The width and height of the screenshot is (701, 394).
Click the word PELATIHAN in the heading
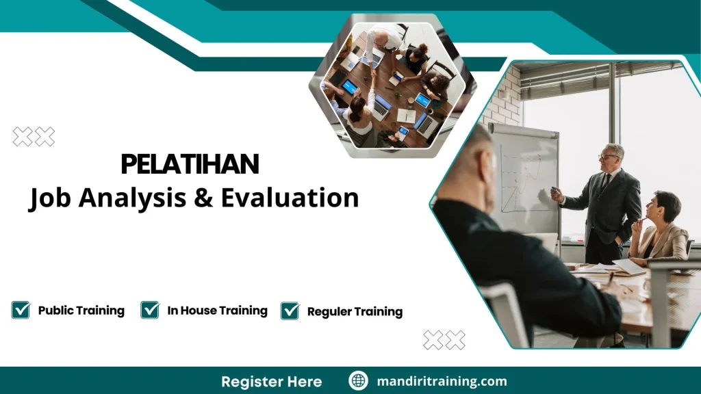[190, 165]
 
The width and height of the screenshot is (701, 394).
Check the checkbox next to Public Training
[21, 310]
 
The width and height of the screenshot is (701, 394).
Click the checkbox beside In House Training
[150, 310]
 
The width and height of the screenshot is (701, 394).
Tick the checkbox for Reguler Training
[290, 311]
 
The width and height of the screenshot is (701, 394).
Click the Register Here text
[271, 381]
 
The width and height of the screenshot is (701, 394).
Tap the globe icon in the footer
[358, 381]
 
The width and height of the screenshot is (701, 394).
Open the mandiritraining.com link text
[442, 381]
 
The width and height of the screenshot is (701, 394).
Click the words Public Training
[81, 311]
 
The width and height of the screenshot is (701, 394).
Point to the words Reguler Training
[355, 312]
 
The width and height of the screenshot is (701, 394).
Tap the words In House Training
[217, 311]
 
